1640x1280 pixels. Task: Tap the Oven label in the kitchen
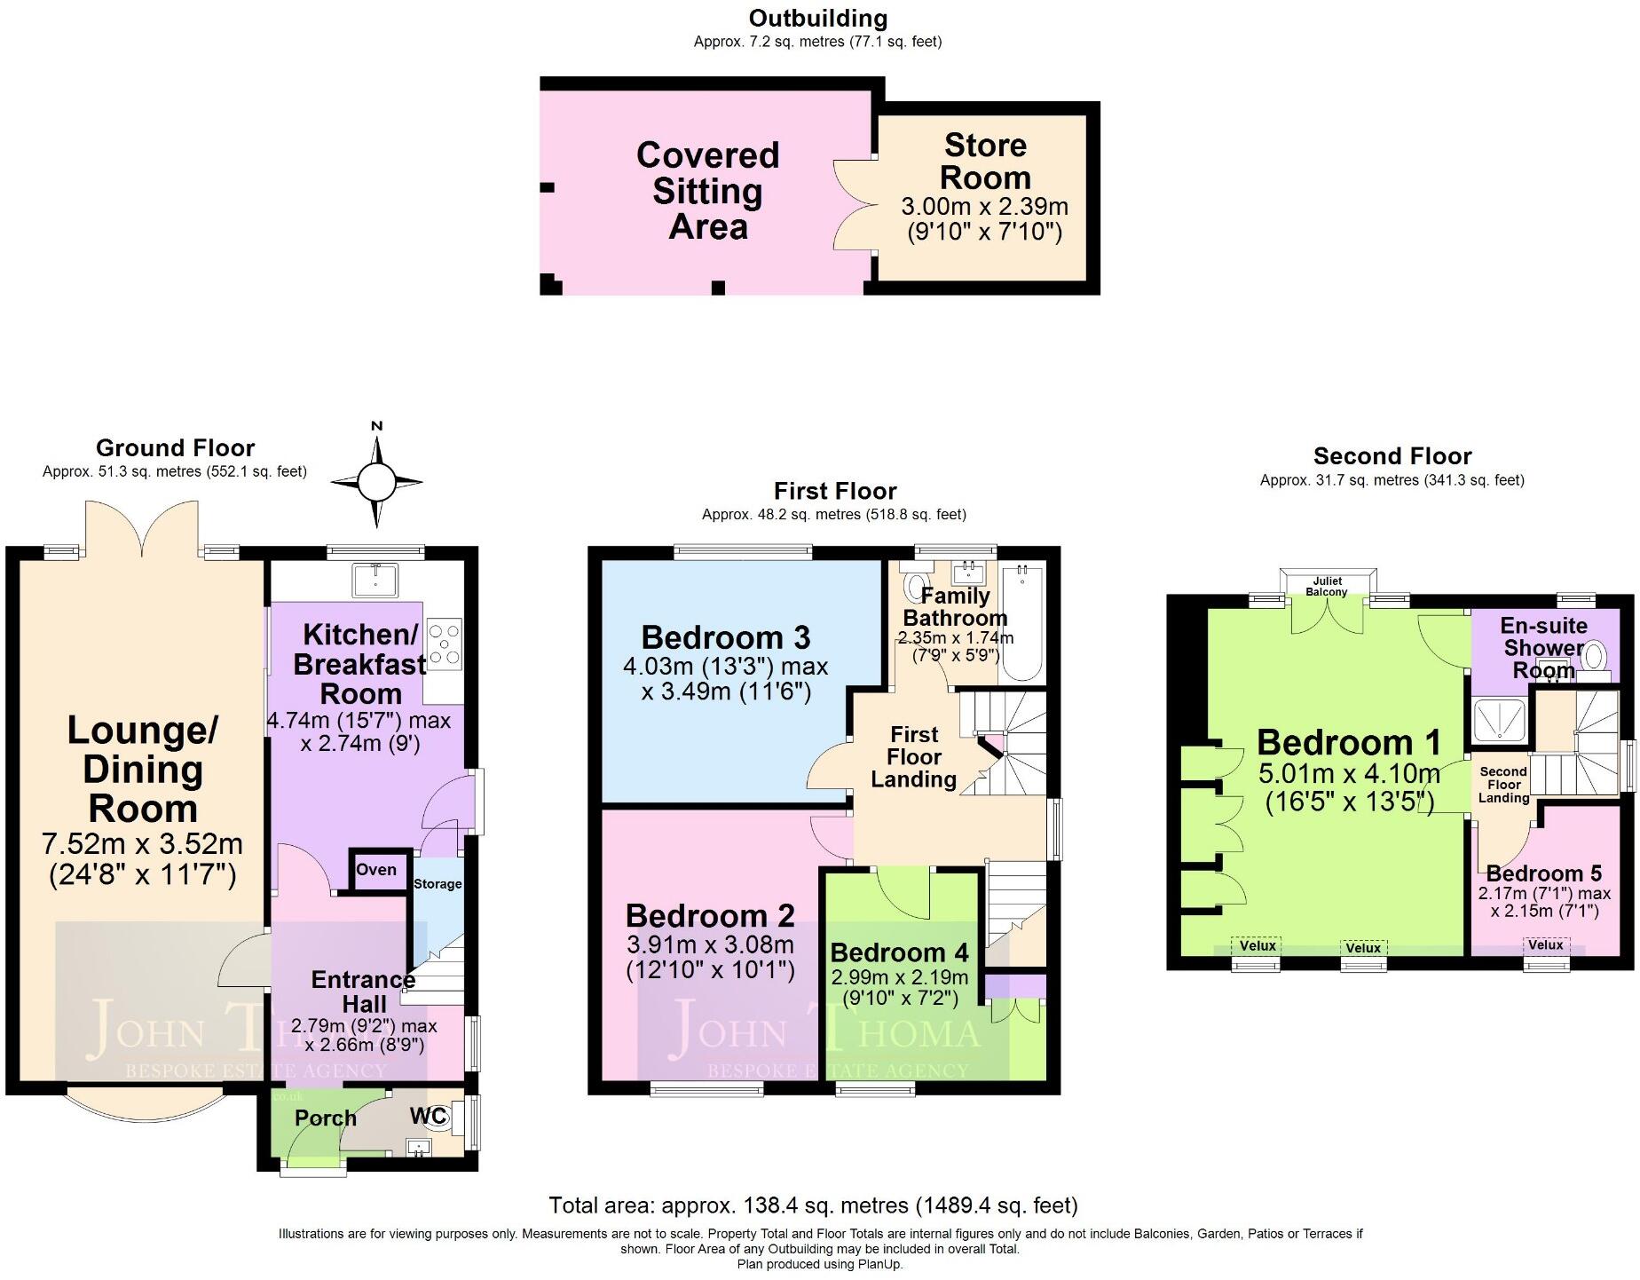coord(376,869)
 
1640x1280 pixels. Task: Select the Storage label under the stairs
coord(438,884)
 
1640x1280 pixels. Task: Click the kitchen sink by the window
coord(375,581)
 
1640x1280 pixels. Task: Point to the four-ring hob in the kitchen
coord(444,643)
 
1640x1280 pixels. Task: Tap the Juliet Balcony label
coord(1327,587)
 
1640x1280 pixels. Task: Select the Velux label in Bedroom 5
coord(1546,944)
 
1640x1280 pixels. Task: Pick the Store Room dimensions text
coord(984,219)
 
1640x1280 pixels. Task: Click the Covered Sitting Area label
coord(707,191)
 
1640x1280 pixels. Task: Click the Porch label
coord(325,1118)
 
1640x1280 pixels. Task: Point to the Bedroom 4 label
coord(899,952)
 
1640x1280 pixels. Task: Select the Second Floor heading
coord(1392,456)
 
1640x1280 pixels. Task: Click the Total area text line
coord(813,1205)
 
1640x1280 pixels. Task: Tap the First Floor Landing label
coord(914,757)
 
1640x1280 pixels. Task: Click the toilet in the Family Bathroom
coord(912,586)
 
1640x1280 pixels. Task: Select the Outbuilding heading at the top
coord(817,18)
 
